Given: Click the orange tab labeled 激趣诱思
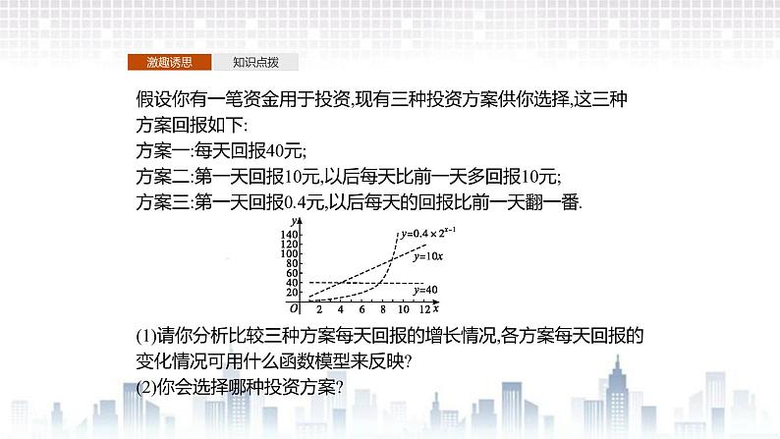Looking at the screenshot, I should click(169, 62).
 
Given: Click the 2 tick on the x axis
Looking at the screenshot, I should click(319, 309).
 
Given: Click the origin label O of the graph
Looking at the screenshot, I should click(294, 309).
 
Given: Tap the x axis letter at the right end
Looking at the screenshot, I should click(436, 308).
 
